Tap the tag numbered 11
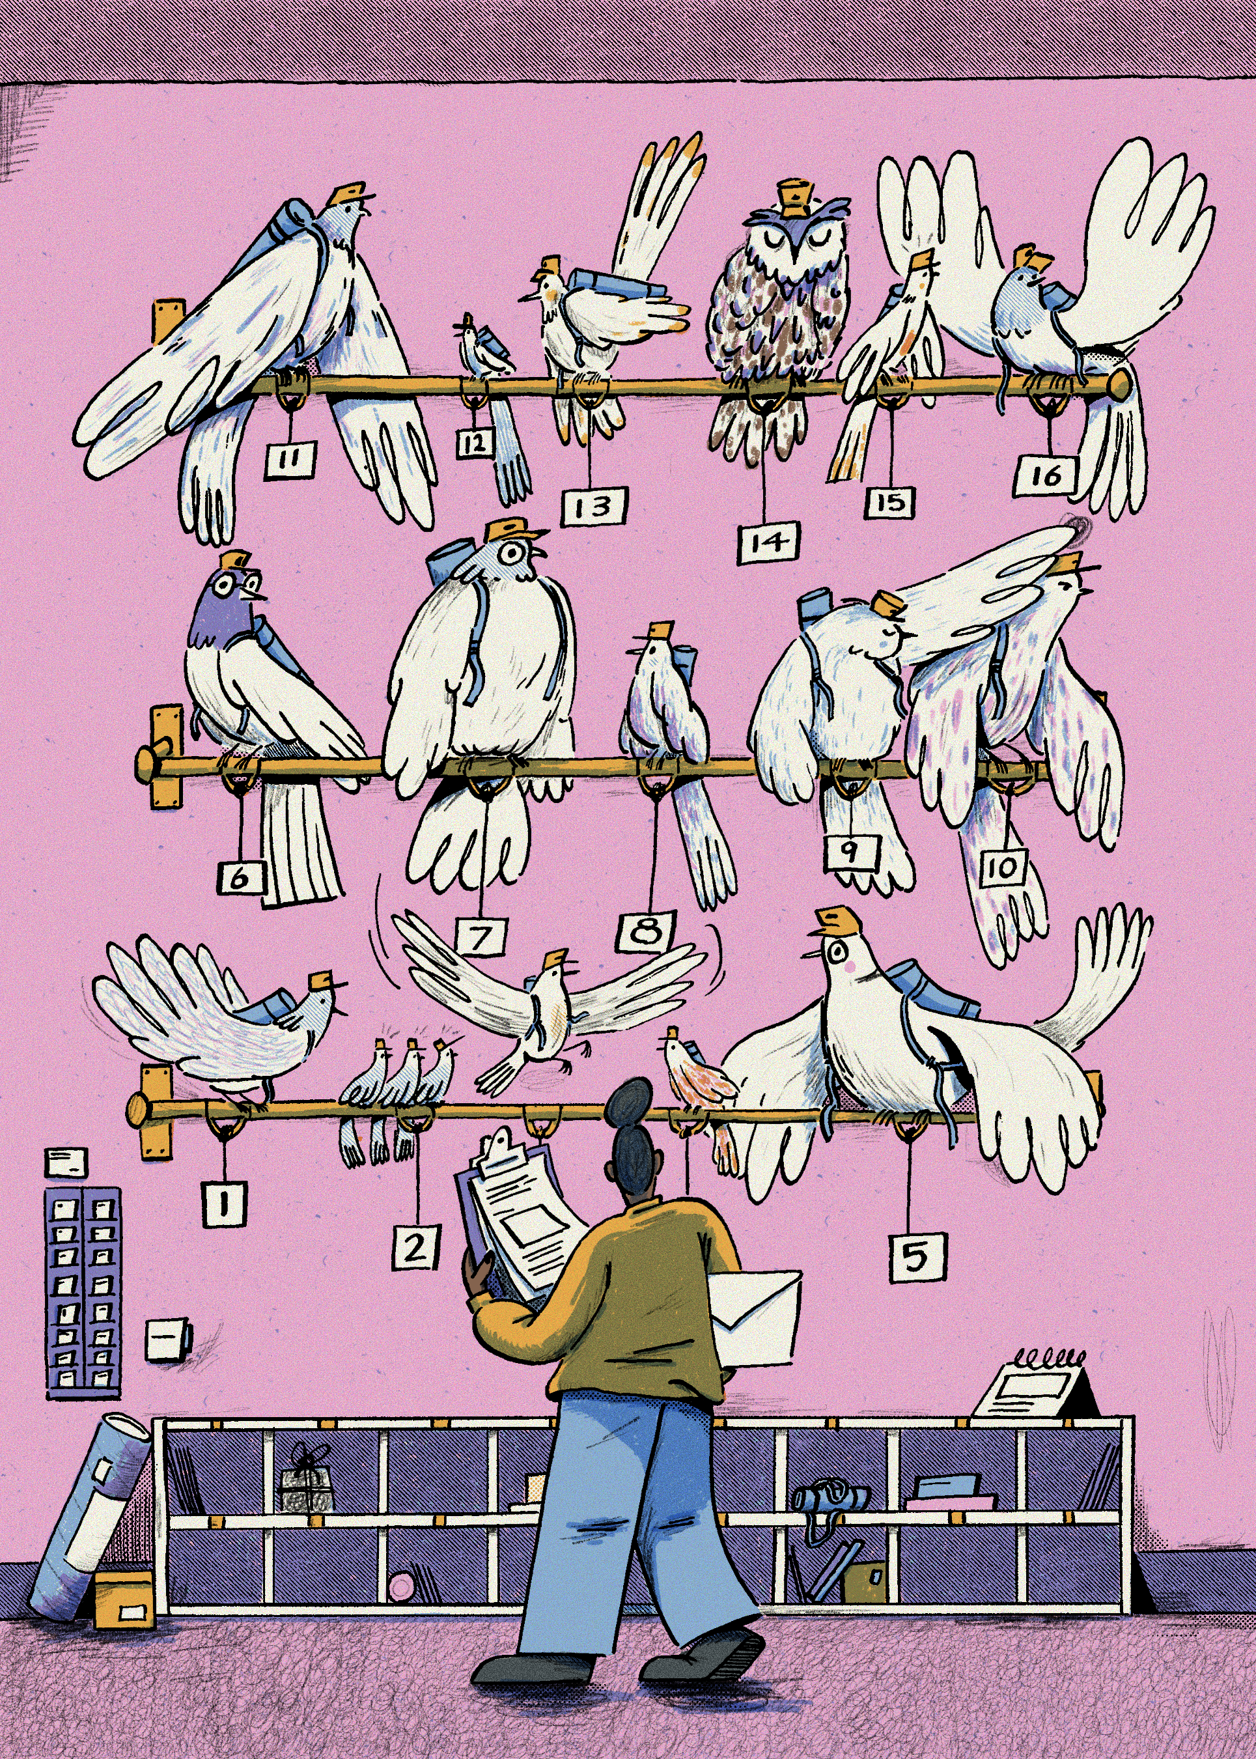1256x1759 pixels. point(290,460)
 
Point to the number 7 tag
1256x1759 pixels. point(482,938)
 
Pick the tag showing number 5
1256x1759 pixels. point(917,1257)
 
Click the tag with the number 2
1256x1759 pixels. point(415,1247)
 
